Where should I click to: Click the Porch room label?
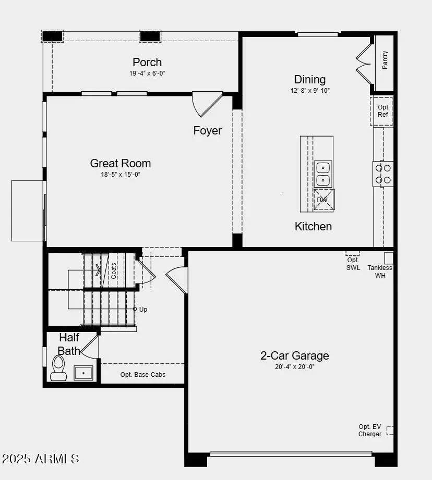[147, 62]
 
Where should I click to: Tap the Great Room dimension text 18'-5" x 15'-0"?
[121, 175]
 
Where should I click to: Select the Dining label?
[310, 79]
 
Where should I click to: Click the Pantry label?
[385, 60]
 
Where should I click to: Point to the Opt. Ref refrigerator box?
[383, 111]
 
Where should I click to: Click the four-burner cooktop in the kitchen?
[383, 174]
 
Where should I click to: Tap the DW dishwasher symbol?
[322, 200]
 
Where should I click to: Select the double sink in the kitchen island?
[323, 174]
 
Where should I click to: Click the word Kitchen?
[313, 226]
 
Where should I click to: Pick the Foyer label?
[208, 130]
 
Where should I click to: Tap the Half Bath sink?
[83, 373]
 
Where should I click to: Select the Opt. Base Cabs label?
[143, 374]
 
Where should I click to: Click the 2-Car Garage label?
[295, 355]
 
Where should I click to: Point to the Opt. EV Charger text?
[370, 430]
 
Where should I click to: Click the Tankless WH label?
[380, 272]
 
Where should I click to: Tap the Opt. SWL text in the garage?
[353, 264]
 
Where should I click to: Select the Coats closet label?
[114, 270]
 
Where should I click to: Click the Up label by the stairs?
[143, 309]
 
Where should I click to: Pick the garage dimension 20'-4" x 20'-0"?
[295, 366]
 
